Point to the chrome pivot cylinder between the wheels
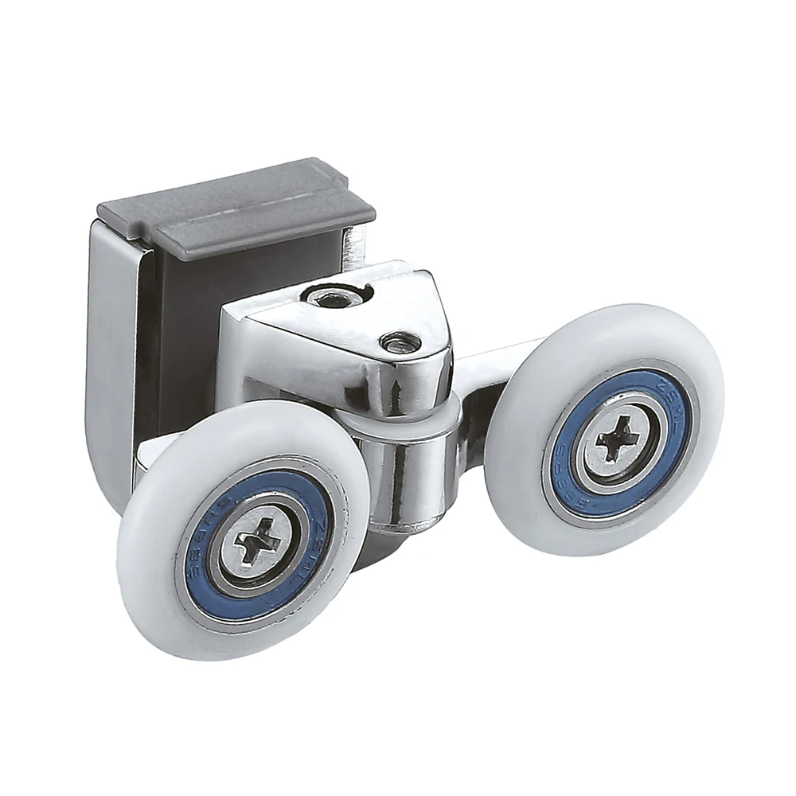coord(414,478)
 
